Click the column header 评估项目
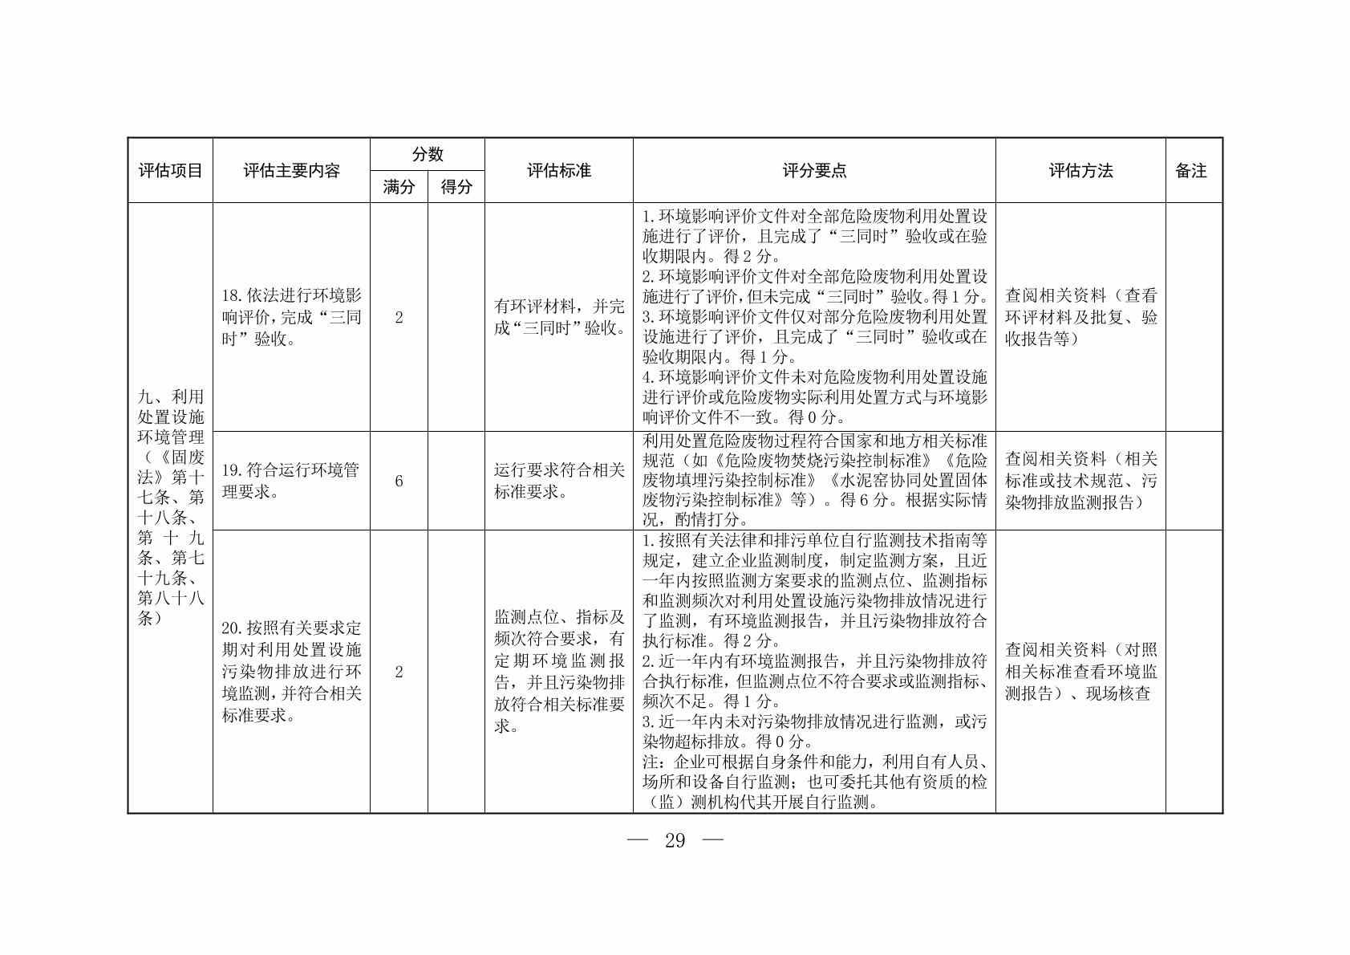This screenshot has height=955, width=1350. [170, 171]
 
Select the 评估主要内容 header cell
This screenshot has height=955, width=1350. [291, 171]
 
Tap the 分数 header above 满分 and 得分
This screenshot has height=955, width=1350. [428, 154]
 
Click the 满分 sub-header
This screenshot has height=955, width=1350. [399, 187]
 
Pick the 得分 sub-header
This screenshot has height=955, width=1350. [456, 187]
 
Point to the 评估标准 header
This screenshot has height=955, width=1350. [558, 171]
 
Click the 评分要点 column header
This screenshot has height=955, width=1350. [814, 171]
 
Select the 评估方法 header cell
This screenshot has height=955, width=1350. [1080, 171]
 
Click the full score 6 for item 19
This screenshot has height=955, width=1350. [399, 481]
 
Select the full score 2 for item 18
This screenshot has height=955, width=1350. [399, 317]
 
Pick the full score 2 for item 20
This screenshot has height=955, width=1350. [399, 672]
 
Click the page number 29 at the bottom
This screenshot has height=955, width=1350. [675, 840]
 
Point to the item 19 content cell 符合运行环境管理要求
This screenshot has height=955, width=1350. [291, 481]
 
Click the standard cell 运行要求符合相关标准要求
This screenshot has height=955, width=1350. [558, 481]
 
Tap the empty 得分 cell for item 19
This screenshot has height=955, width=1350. [456, 481]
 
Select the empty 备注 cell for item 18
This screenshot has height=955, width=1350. [1194, 317]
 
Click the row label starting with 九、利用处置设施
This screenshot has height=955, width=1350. [170, 507]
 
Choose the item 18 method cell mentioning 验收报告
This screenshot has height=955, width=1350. [1080, 317]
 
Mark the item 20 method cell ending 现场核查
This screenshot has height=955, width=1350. [1080, 672]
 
